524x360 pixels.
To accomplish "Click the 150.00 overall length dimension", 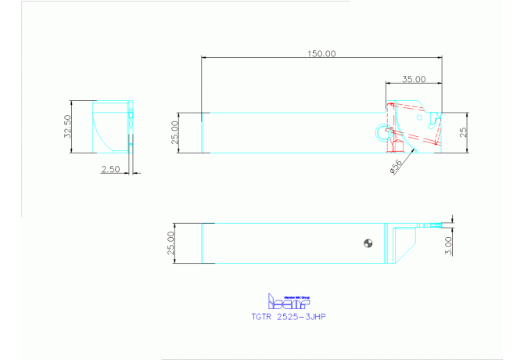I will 321,54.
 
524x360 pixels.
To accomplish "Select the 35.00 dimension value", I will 414,79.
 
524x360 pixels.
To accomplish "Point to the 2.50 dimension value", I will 111,169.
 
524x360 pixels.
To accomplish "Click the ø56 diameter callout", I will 396,166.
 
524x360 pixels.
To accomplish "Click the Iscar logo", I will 289,301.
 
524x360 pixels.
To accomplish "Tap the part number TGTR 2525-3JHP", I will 289,318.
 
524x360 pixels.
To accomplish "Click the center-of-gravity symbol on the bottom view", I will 365,243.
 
